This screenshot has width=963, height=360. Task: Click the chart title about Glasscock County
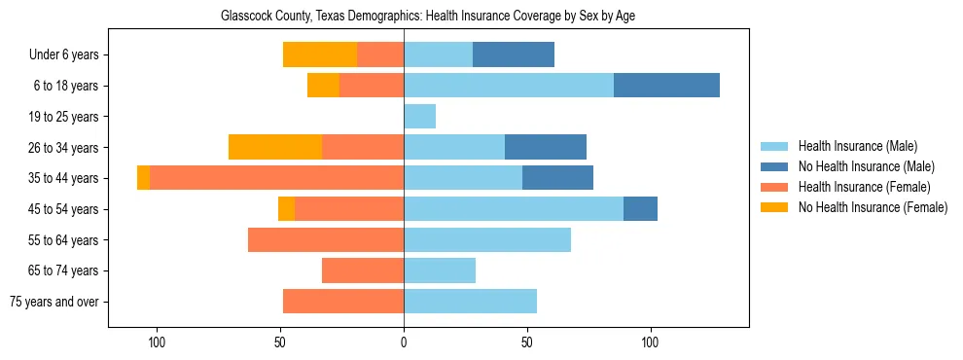pos(428,17)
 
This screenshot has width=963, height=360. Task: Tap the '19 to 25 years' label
pos(64,117)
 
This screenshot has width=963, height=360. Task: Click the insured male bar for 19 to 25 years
pos(419,117)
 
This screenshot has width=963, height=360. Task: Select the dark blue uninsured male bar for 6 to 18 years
pos(666,86)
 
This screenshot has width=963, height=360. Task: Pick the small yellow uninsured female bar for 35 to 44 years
pos(143,178)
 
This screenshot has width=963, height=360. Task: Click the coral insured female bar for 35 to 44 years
pos(277,178)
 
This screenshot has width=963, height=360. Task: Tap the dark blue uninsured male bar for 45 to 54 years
pos(640,209)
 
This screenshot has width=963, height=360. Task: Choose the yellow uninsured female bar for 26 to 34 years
pos(275,147)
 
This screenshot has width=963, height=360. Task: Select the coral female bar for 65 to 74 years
pos(363,270)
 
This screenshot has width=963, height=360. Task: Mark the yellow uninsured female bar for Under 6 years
pos(320,54)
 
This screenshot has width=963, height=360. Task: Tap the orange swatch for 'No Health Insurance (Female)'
pos(774,207)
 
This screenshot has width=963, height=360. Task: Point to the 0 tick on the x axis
pos(404,342)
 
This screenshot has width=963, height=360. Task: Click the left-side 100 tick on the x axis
pos(157,342)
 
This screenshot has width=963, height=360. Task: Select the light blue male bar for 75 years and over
pos(470,302)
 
